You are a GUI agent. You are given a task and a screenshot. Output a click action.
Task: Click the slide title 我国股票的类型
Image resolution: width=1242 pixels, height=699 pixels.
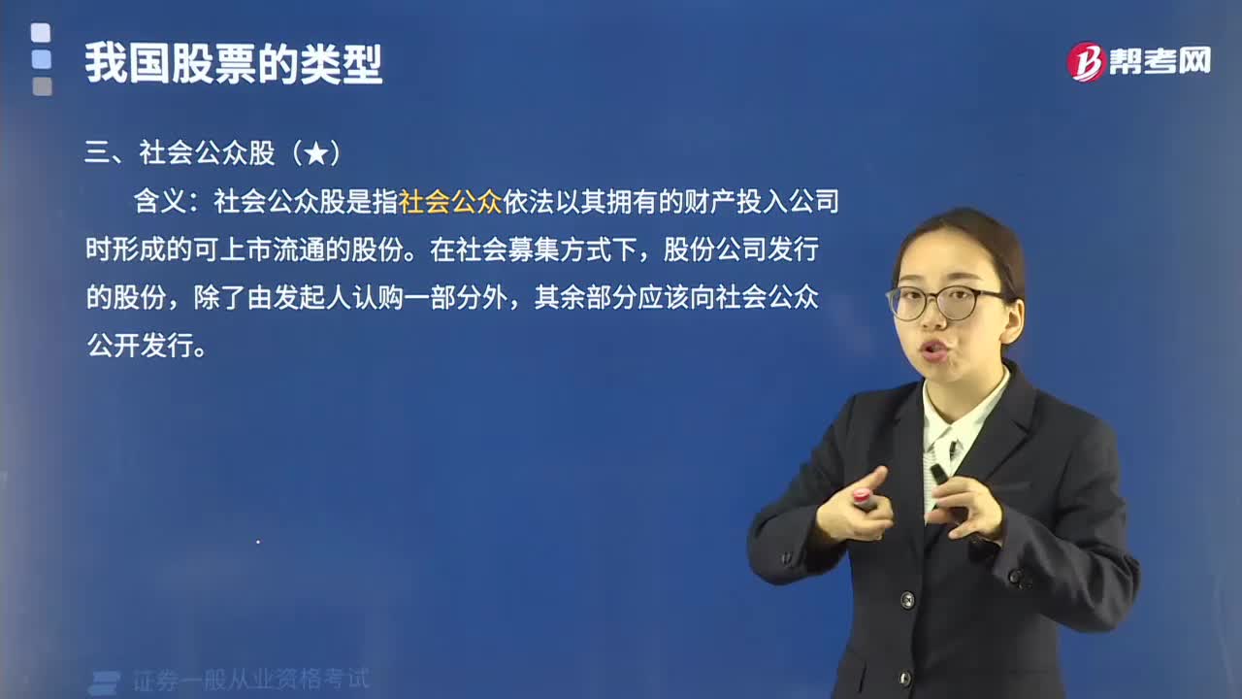[x=234, y=63]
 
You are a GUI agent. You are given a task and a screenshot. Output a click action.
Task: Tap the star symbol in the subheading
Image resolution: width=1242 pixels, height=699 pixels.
[x=316, y=153]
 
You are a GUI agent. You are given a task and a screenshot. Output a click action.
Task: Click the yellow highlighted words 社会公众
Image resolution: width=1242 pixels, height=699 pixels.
[x=449, y=201]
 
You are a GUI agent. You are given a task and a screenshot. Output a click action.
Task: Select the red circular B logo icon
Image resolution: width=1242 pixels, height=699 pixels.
[x=1086, y=61]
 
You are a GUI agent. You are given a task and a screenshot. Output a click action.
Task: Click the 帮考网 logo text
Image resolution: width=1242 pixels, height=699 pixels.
[x=1160, y=61]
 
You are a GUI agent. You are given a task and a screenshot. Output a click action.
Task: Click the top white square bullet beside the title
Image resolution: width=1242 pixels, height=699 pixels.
[x=41, y=33]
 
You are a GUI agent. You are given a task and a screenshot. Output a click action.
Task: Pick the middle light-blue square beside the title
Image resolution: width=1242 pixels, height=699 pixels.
[x=41, y=59]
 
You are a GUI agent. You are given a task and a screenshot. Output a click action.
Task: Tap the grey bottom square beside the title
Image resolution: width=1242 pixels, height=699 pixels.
[x=42, y=86]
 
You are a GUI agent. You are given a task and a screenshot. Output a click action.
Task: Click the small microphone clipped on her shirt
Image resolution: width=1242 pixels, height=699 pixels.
[x=952, y=449]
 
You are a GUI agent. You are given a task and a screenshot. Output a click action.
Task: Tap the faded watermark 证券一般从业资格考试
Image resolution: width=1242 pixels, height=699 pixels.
[x=250, y=680]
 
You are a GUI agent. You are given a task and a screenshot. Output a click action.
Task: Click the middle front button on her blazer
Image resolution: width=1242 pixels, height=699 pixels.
[x=907, y=600]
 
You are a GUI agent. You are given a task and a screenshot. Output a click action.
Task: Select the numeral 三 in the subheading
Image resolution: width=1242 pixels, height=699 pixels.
[x=98, y=153]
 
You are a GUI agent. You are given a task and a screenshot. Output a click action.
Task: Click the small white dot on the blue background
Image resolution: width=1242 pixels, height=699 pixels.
[x=258, y=542]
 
